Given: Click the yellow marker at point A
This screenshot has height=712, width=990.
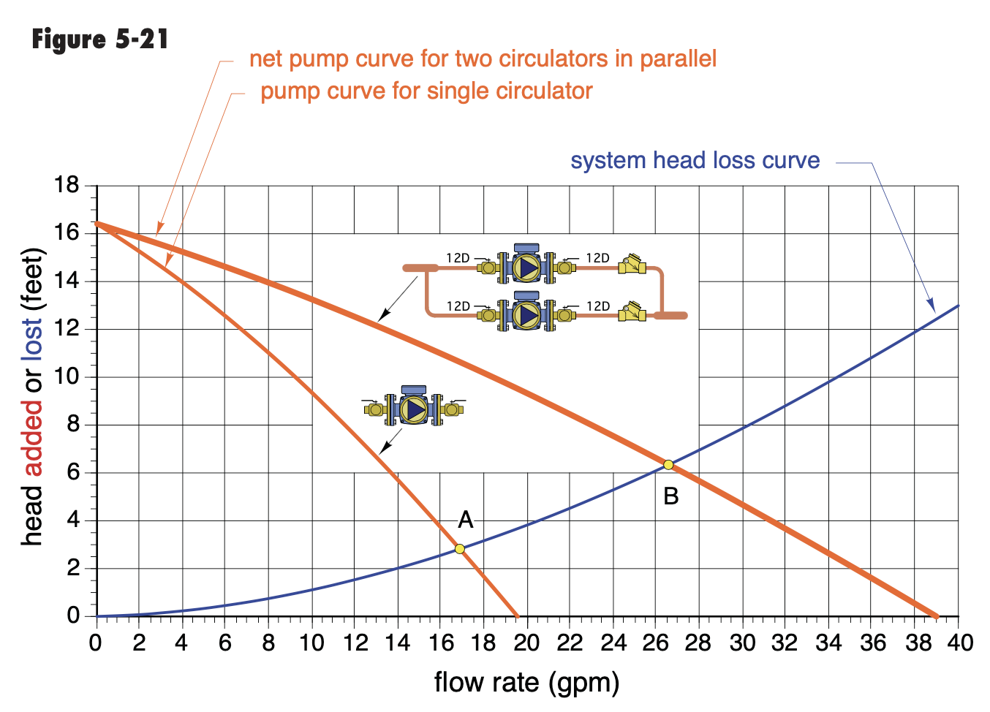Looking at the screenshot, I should point(460,549).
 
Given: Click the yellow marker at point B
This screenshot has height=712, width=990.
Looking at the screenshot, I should point(668,465).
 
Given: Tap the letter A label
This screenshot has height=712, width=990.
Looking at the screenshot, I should point(466,520).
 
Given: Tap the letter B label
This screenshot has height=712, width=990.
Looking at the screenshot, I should point(671,496).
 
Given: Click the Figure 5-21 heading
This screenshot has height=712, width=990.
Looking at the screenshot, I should point(100,39).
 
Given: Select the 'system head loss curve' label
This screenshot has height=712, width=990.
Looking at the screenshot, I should point(695,160).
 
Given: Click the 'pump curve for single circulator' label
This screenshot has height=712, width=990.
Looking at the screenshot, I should point(426,91).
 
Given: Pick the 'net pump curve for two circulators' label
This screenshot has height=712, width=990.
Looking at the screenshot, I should point(483,58).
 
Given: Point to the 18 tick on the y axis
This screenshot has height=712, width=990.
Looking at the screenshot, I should point(67,185).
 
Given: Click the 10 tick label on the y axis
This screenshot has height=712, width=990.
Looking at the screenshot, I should point(67,377).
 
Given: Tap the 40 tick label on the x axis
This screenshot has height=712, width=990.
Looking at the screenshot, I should point(960,643).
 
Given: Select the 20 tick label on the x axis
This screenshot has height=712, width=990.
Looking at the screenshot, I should point(526,643).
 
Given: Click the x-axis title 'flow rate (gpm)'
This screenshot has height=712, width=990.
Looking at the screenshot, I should point(526,683).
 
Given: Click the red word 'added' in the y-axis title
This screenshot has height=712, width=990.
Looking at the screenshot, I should point(32,439).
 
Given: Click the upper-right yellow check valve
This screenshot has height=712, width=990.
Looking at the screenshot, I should point(632,265).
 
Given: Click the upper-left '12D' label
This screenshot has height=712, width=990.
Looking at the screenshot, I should point(458,258).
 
